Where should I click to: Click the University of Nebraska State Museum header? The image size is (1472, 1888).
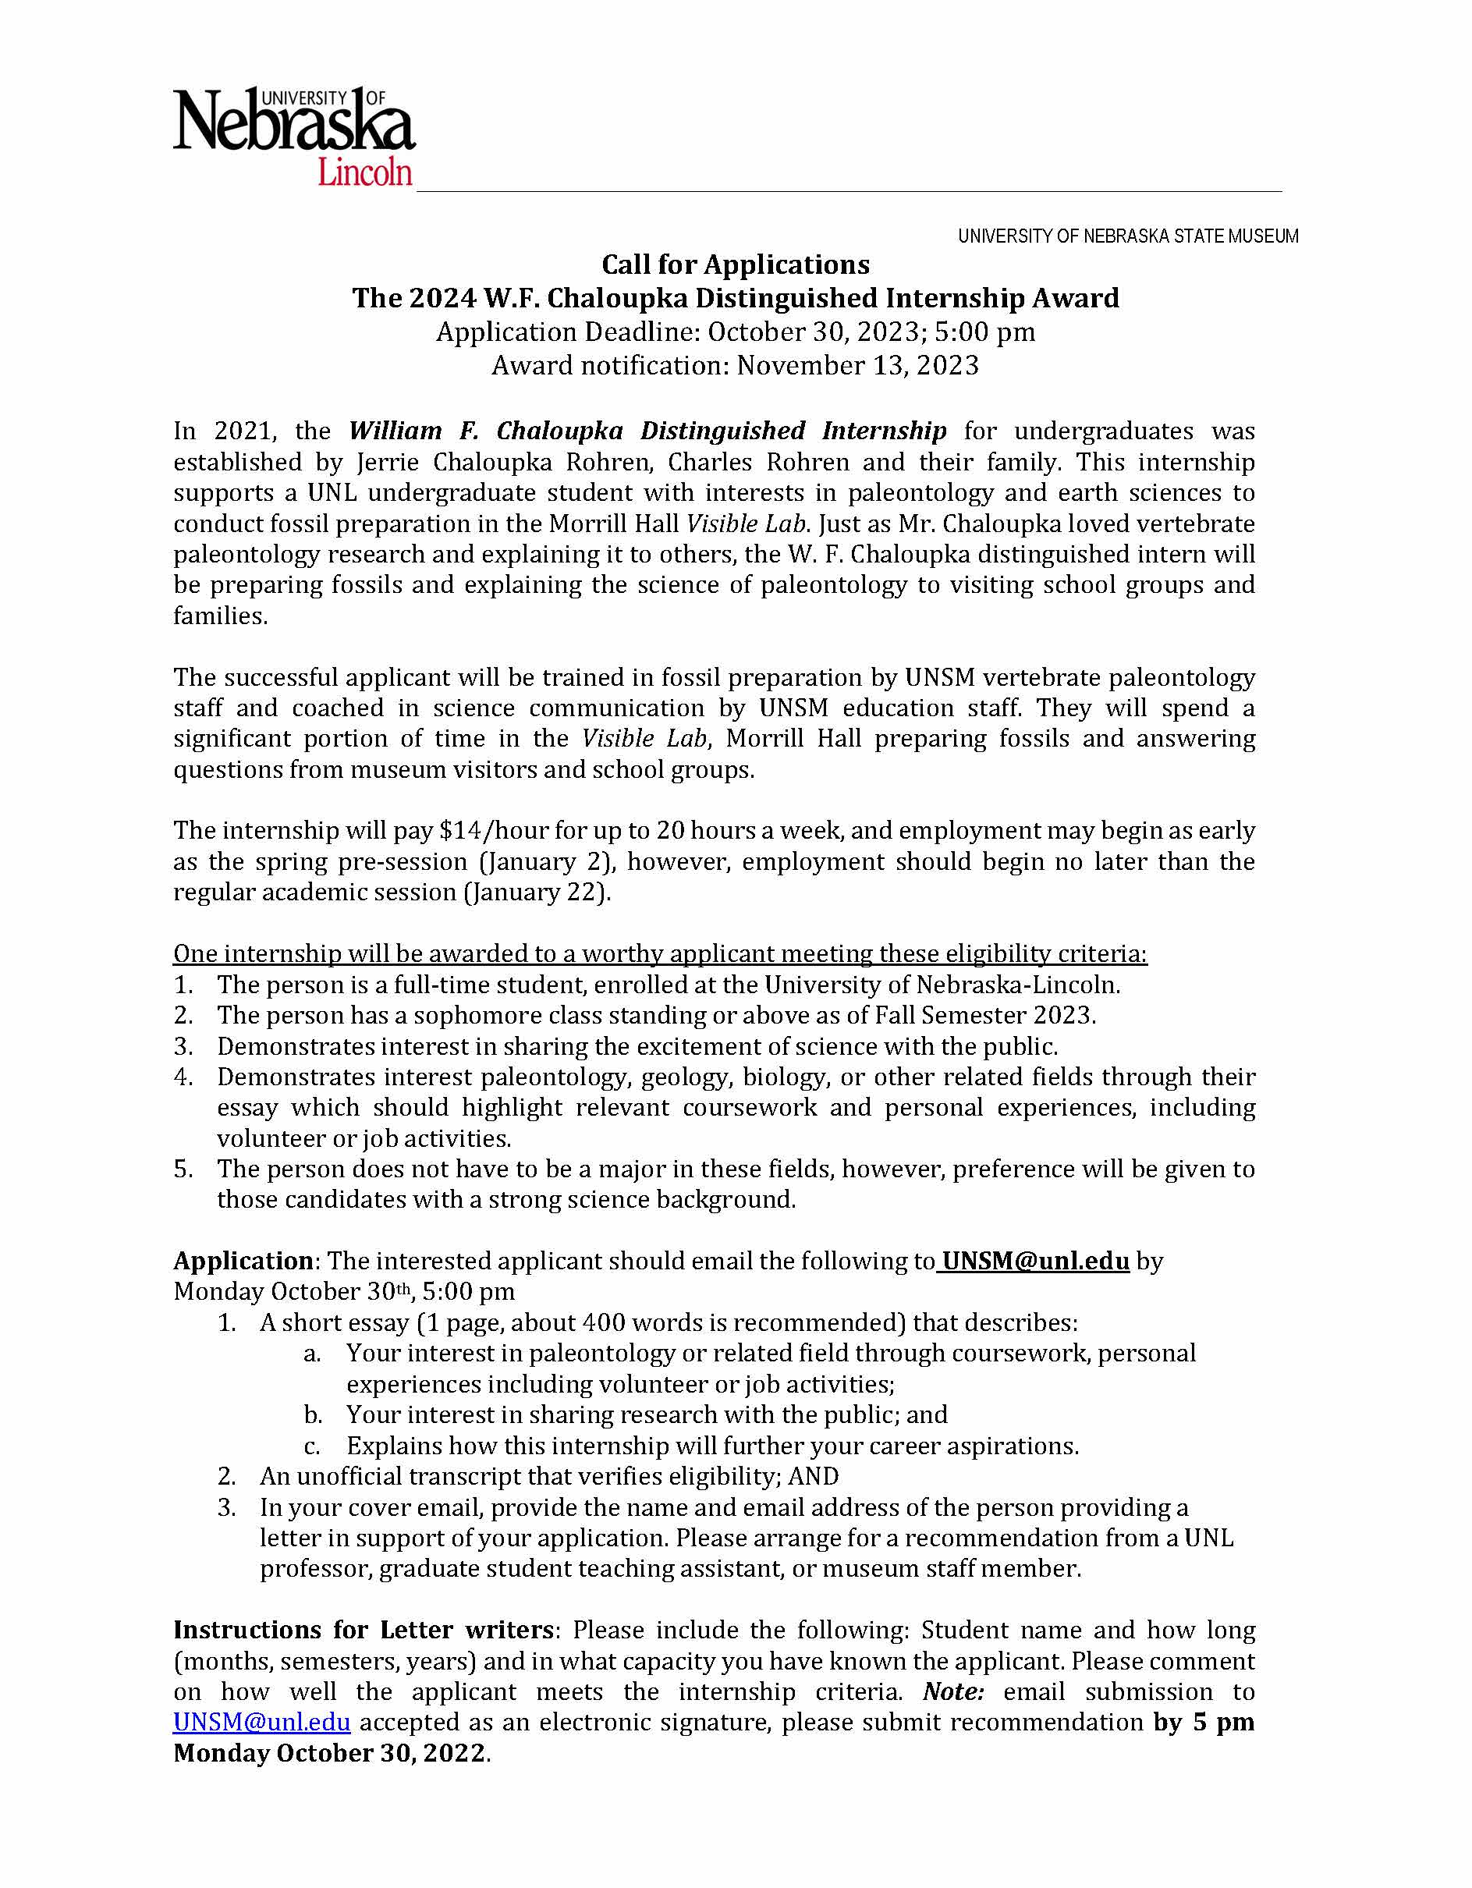coord(1127,236)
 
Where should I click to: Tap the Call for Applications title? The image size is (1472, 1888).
coord(736,264)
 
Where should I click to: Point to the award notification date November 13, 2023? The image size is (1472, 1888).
coord(857,366)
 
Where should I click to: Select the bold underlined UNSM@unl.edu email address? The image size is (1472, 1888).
coord(1035,1262)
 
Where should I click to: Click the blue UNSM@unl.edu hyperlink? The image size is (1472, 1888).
coord(262,1722)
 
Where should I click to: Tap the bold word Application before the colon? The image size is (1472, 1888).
coord(243,1262)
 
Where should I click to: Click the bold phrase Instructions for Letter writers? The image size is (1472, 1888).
coord(363,1631)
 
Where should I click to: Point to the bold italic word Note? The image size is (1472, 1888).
coord(953,1691)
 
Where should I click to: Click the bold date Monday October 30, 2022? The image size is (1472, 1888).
coord(329,1753)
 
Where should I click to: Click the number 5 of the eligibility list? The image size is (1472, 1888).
coord(183,1169)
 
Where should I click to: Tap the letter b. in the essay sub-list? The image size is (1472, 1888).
coord(313,1415)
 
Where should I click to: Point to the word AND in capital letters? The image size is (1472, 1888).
coord(814,1477)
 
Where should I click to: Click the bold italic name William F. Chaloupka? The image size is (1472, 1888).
coord(486,431)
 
